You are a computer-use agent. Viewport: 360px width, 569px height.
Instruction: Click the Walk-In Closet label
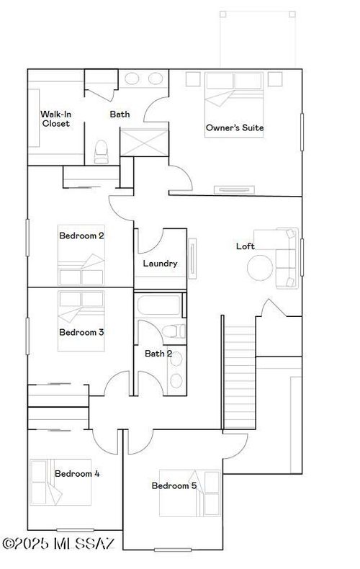55,119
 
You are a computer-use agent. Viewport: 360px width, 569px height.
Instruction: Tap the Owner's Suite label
235,128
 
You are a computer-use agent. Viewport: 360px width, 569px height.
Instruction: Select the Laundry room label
160,264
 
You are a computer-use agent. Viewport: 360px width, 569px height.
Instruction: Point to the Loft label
246,246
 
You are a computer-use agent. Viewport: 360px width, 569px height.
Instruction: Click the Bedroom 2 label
82,236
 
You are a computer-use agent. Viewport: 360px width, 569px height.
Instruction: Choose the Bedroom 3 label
82,332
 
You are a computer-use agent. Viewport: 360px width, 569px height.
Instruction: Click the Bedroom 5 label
174,486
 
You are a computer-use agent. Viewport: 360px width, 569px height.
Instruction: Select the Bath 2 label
158,354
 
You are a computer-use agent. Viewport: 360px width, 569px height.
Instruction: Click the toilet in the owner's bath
102,151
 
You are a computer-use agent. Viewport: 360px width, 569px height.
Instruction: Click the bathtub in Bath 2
159,305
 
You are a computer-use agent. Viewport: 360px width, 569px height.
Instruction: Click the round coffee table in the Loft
261,269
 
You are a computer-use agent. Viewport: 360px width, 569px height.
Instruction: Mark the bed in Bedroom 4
61,483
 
